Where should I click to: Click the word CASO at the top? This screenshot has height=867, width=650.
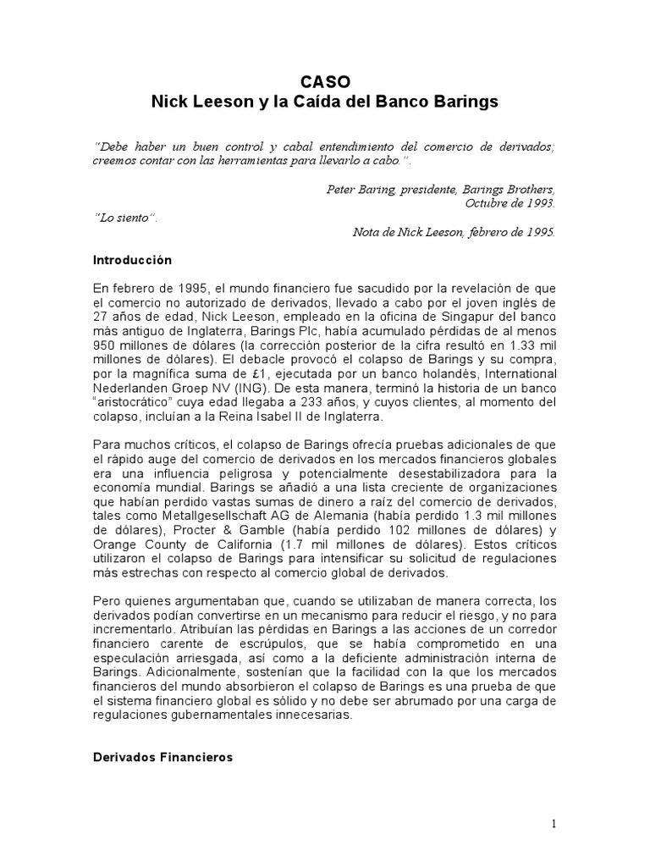[x=325, y=83]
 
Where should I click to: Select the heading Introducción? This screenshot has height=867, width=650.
[x=131, y=261]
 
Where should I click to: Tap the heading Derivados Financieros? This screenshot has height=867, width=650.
[x=162, y=758]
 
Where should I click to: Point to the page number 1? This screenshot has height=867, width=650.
[x=552, y=824]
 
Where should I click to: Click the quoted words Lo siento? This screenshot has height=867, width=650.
[x=124, y=218]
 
